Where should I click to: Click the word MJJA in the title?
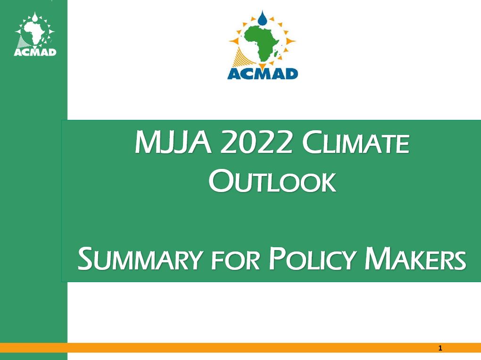click(x=174, y=142)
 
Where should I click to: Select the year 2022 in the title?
click(x=256, y=142)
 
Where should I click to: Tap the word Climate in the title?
click(x=356, y=142)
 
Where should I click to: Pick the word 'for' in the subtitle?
click(x=236, y=261)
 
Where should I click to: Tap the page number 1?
click(x=440, y=348)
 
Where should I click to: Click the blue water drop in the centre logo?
click(x=262, y=18)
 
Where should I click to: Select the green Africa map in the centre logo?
click(x=261, y=43)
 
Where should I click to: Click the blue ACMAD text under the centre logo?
click(x=263, y=74)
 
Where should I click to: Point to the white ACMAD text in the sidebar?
click(x=35, y=52)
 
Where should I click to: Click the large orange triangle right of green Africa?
click(x=290, y=41)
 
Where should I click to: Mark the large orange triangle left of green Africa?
click(x=234, y=41)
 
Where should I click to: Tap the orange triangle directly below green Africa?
click(x=263, y=66)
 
